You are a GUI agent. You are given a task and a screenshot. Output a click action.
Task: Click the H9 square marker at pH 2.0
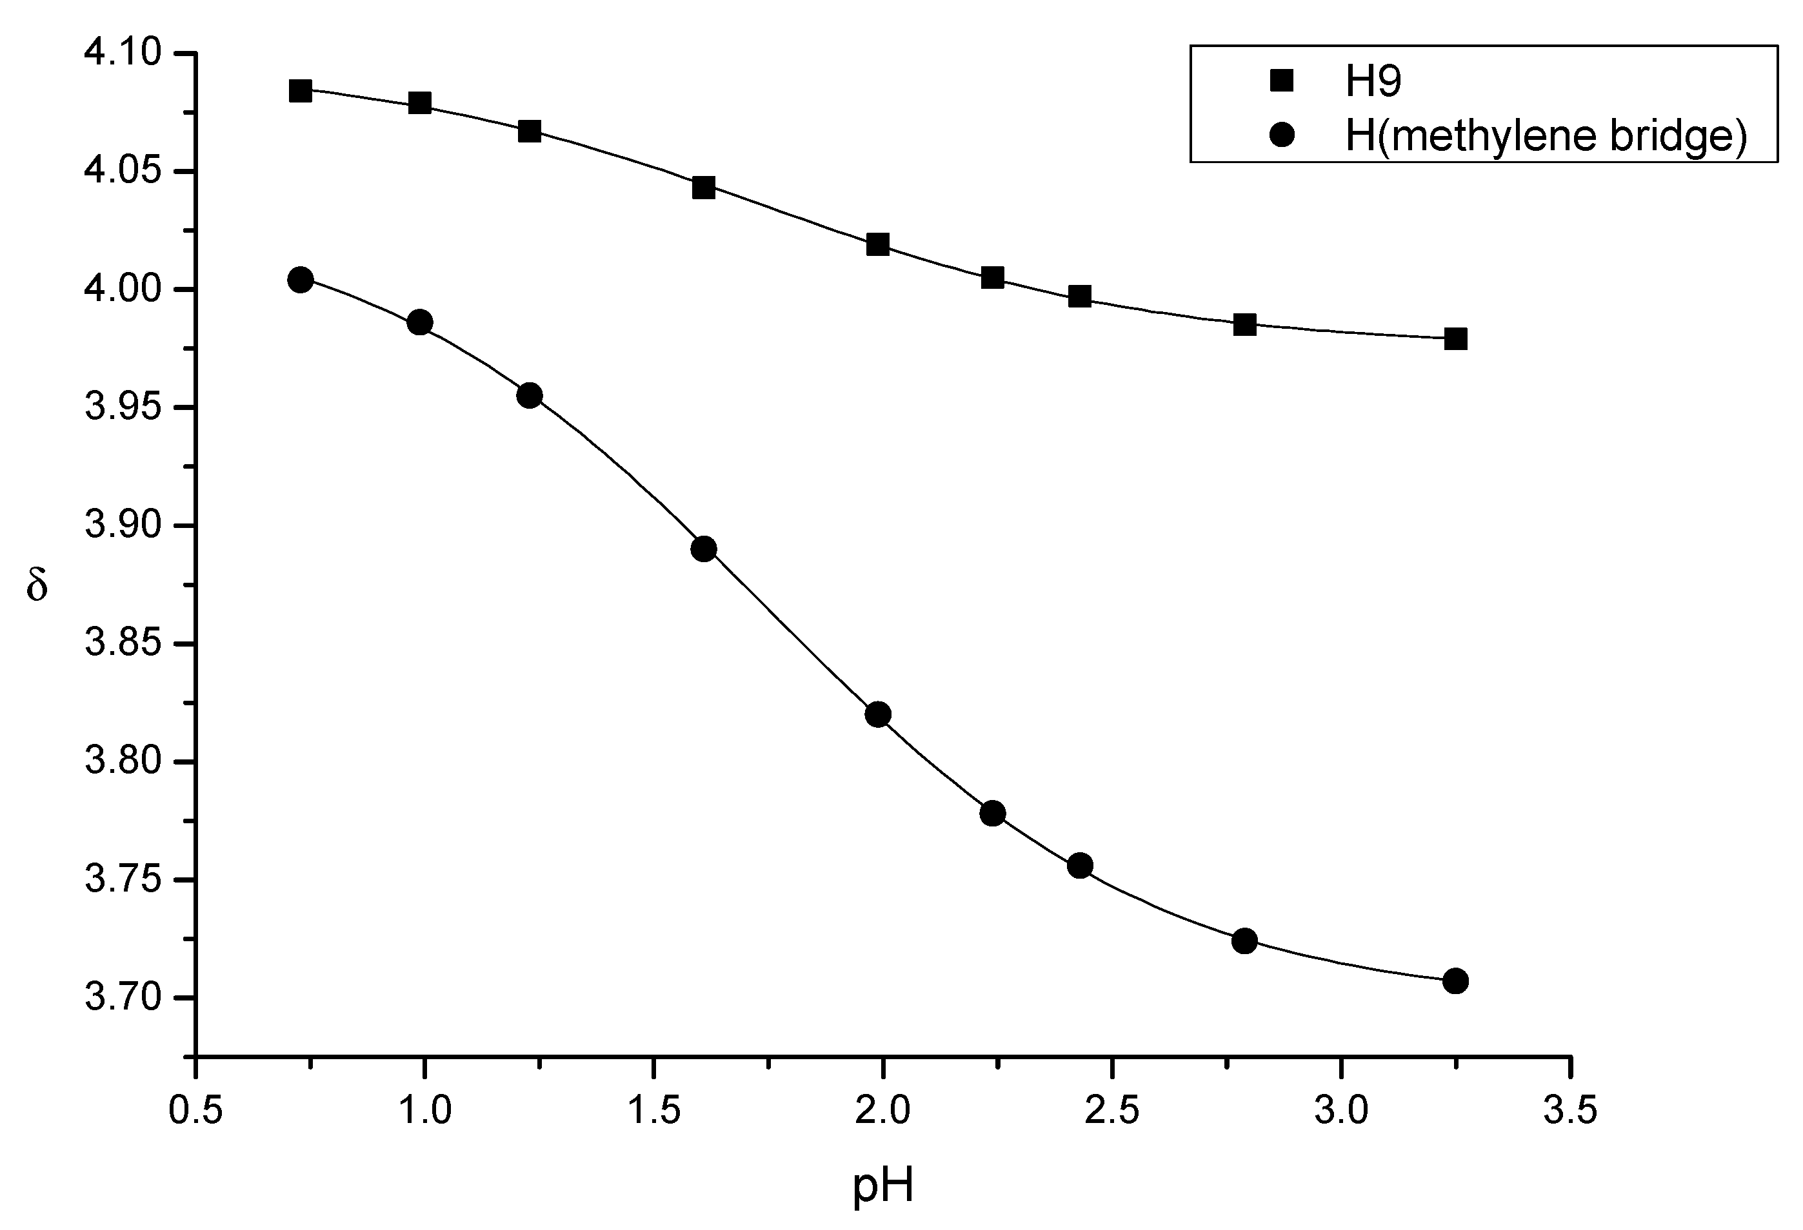click(x=877, y=244)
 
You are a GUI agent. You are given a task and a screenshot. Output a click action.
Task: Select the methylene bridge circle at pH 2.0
click(x=877, y=714)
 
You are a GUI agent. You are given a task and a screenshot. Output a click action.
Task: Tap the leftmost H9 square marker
click(x=300, y=91)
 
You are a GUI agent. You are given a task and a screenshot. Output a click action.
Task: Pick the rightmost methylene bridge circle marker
click(x=1455, y=981)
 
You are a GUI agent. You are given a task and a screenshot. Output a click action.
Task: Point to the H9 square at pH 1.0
click(x=420, y=103)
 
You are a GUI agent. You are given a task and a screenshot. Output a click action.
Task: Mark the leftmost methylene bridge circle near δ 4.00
click(x=300, y=280)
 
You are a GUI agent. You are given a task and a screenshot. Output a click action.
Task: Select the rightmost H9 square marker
click(x=1455, y=339)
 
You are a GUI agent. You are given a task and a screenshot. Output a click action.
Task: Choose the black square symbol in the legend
click(x=1282, y=80)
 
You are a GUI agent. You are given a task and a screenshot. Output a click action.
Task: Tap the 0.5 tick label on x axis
click(x=195, y=1111)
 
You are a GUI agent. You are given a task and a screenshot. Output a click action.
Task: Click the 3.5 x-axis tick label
click(x=1570, y=1111)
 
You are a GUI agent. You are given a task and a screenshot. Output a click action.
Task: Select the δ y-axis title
click(x=37, y=584)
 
